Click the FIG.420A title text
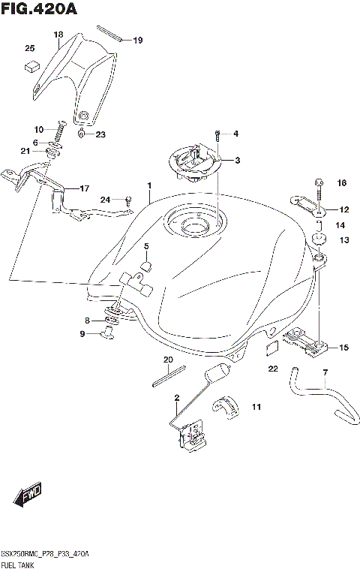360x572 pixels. (x=40, y=9)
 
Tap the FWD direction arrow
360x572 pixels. (x=28, y=495)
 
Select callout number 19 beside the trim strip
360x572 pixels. (x=137, y=40)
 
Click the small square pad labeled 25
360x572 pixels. (x=31, y=65)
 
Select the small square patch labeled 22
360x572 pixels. (x=273, y=348)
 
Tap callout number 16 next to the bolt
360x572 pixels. (x=342, y=183)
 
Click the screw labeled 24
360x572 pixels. (x=128, y=200)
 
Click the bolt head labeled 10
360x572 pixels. (x=62, y=122)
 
